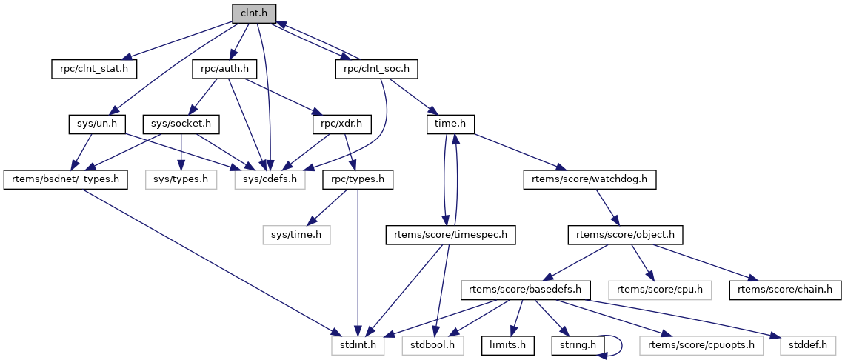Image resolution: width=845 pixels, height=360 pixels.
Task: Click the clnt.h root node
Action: click(253, 13)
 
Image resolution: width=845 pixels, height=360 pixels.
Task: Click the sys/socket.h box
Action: click(181, 124)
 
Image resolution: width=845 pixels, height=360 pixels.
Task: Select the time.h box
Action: click(450, 124)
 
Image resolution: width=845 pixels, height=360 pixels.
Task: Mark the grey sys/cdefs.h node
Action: click(270, 179)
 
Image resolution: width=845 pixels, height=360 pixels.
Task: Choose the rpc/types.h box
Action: click(358, 179)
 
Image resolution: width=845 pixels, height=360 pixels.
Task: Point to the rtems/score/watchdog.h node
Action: click(590, 179)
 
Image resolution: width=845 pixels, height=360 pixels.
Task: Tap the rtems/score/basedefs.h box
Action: click(525, 289)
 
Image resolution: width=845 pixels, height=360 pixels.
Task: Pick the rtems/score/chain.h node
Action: click(785, 289)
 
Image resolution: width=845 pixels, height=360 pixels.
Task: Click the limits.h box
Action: click(508, 344)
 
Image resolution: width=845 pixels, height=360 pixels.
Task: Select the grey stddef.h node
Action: click(807, 344)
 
